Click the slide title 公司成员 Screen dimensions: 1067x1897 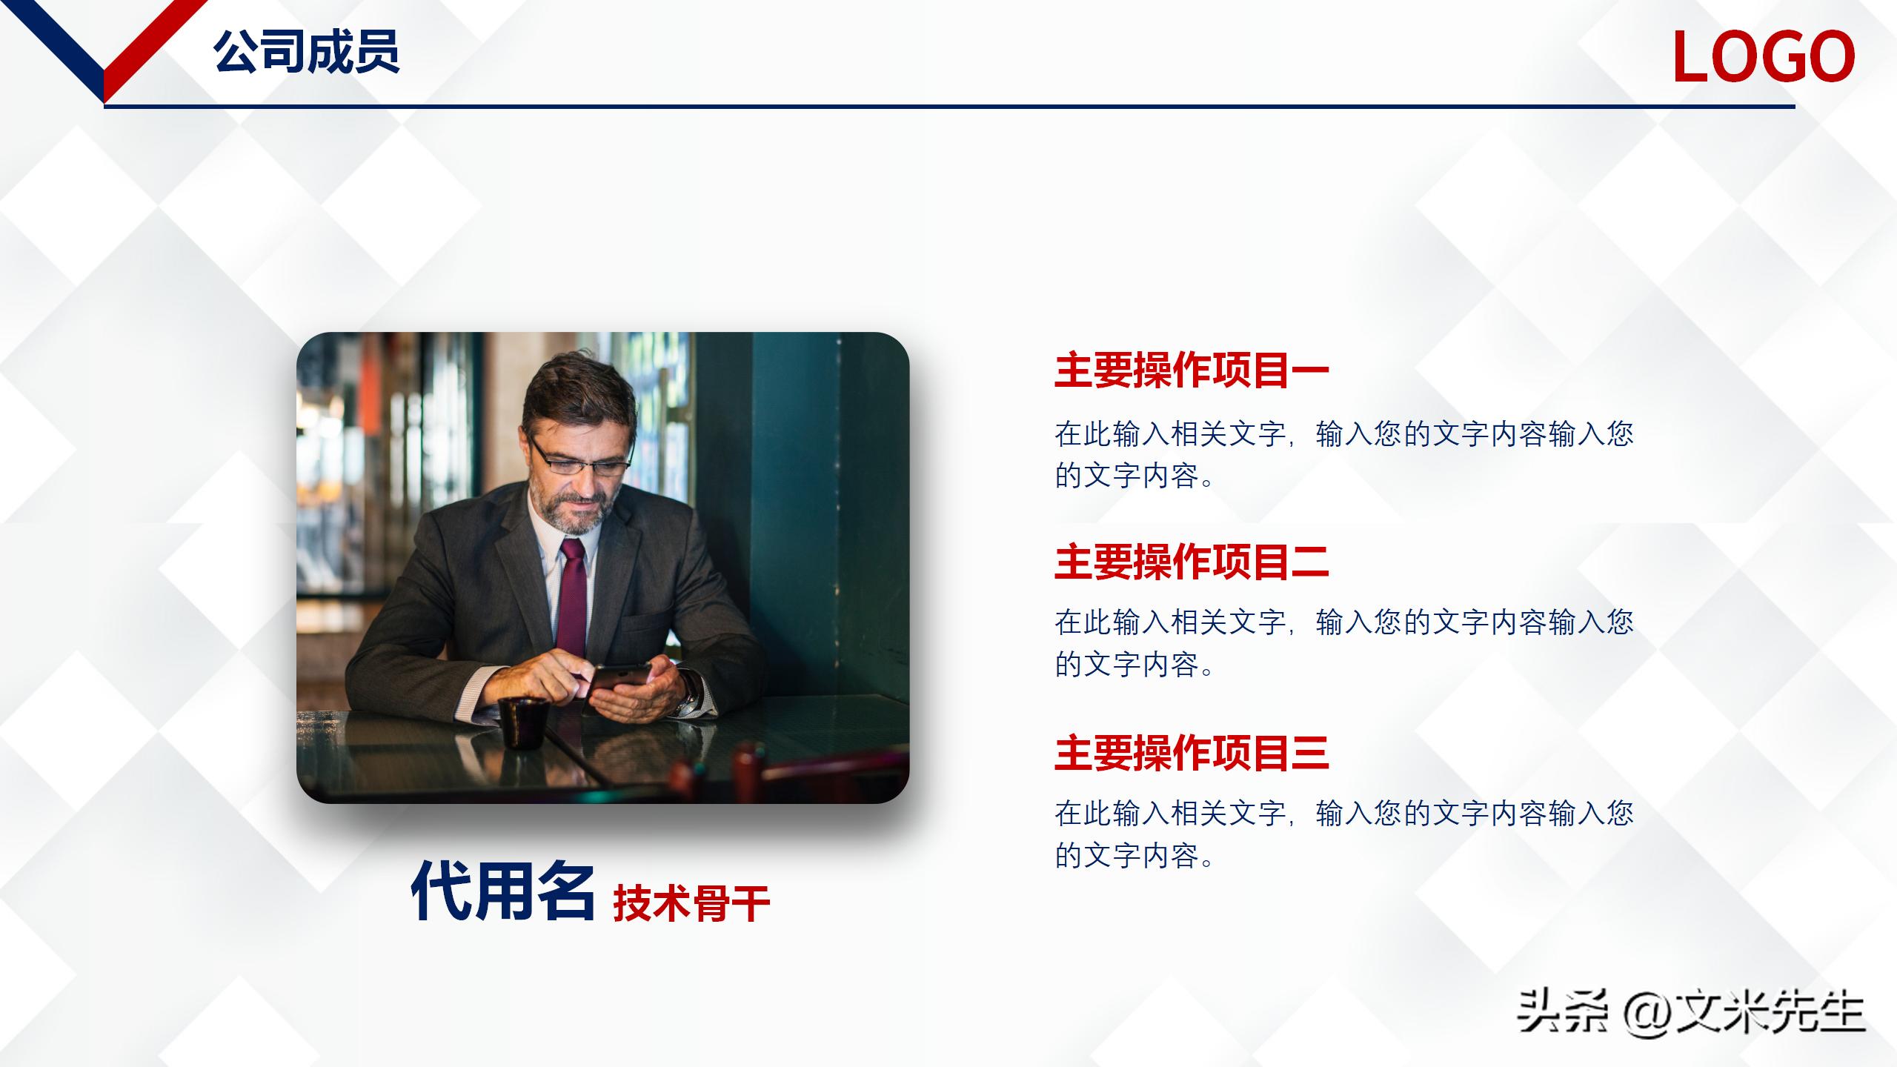tap(306, 52)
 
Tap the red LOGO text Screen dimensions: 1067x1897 tap(1763, 57)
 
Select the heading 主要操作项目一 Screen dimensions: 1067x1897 tap(1191, 371)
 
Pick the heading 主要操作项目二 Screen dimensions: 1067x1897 tap(1191, 562)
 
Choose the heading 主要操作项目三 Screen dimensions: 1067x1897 tap(1191, 753)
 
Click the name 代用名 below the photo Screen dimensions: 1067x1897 tap(503, 891)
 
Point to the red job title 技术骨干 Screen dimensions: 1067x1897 tap(691, 903)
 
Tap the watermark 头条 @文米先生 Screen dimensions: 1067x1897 tap(1690, 1012)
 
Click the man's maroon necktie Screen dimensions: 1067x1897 tap(571, 593)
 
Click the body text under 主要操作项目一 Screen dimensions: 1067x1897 tap(1343, 454)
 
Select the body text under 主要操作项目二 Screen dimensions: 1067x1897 tap(1343, 643)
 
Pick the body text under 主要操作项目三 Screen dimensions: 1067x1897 tap(1343, 834)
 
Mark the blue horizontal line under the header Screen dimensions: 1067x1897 tap(948, 107)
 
